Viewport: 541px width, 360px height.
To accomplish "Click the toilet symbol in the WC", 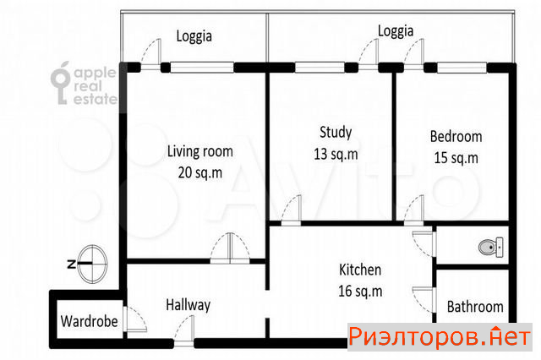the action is tap(491, 247).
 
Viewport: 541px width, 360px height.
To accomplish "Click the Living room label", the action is tap(200, 151).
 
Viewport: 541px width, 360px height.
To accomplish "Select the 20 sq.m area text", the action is tap(200, 172).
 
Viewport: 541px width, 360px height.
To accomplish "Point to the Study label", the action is tap(336, 132).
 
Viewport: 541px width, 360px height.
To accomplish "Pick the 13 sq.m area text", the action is tap(336, 154).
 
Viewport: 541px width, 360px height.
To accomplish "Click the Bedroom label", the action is tap(456, 137).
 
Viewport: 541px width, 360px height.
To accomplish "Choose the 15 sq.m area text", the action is tap(456, 158).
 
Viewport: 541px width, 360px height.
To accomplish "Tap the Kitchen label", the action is tap(360, 270).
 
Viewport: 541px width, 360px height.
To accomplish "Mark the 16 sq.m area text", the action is tap(360, 291).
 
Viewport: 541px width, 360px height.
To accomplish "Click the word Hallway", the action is tap(188, 305).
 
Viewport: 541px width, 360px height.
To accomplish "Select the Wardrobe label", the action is tap(90, 321).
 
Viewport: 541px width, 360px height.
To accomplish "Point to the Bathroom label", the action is tap(475, 307).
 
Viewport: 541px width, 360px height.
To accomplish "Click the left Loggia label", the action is tap(194, 36).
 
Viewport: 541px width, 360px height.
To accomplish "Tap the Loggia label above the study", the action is tap(396, 31).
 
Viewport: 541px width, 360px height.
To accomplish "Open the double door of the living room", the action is tap(230, 249).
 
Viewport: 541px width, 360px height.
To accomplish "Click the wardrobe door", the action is tap(135, 319).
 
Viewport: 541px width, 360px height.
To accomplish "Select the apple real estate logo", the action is tap(84, 84).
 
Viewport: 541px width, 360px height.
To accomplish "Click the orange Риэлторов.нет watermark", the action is tap(440, 337).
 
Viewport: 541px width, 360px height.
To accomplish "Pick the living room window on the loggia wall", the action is tap(202, 68).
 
